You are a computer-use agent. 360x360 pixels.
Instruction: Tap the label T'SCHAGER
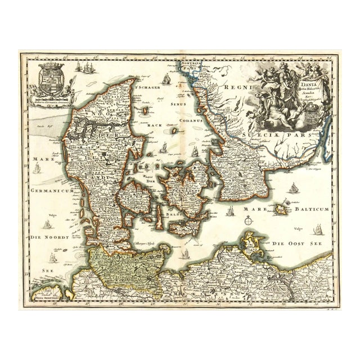pyautogui.click(x=145, y=88)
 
